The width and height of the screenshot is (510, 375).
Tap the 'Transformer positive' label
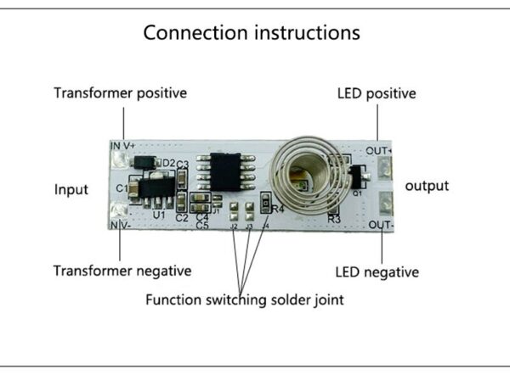[x=121, y=92]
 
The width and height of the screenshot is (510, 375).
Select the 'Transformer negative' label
[x=122, y=271]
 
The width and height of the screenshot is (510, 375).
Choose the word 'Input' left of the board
[x=71, y=189]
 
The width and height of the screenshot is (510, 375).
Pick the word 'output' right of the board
[x=427, y=186]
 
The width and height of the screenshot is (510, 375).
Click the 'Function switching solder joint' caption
[x=245, y=299]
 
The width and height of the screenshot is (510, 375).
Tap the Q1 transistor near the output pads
[x=355, y=176]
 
